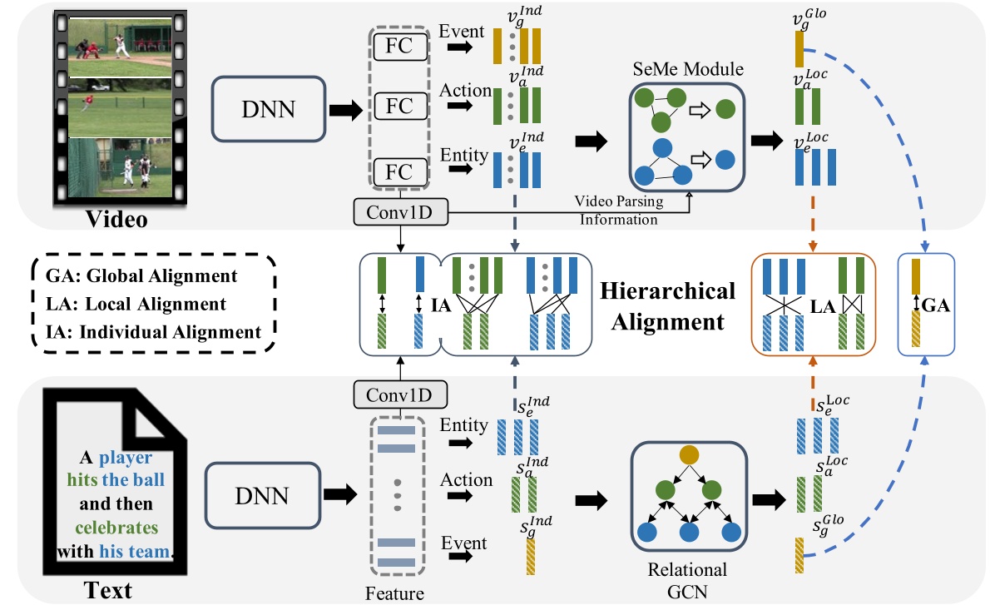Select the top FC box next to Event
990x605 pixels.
tap(401, 48)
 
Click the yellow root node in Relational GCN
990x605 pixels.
tap(687, 455)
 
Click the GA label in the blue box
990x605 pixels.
tap(937, 305)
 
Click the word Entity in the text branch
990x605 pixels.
tap(464, 426)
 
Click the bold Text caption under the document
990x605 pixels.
tap(109, 589)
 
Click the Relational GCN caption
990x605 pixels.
tap(687, 579)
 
